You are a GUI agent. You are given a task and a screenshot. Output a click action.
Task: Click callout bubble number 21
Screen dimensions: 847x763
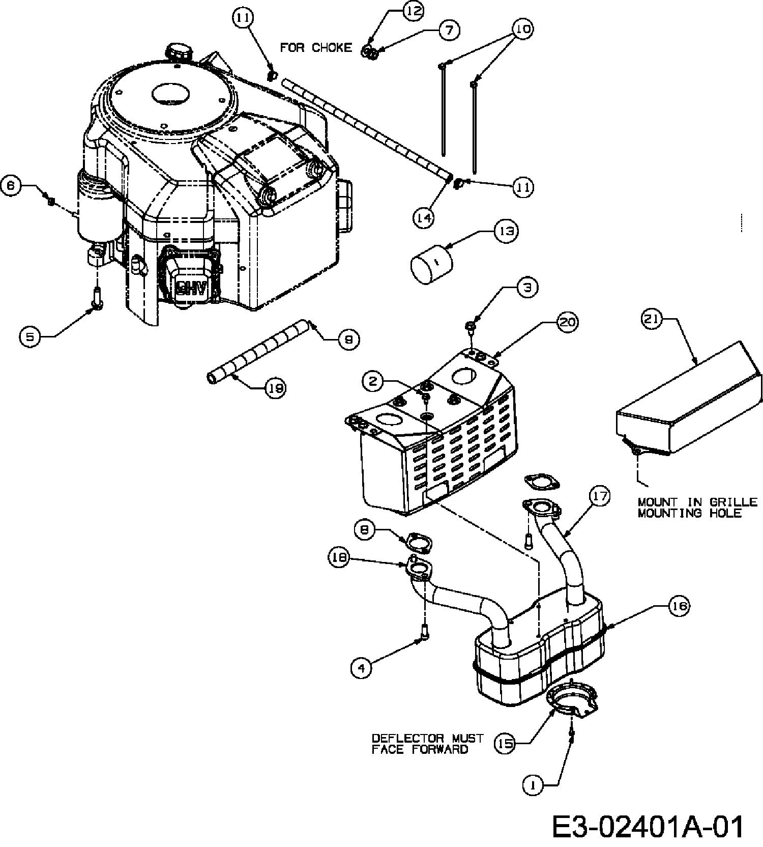coord(652,320)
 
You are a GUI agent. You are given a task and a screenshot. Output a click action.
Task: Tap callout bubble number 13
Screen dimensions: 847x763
coord(506,231)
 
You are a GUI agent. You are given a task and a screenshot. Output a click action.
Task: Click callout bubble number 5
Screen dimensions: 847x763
coord(31,337)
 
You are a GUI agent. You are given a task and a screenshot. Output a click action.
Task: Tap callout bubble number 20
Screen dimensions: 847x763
coord(568,322)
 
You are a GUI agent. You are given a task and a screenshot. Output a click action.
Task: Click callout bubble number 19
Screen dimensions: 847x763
coord(275,388)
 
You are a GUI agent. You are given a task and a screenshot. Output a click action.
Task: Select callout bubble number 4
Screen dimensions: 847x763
coord(361,667)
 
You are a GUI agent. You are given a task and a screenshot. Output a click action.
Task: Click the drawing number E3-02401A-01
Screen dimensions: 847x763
coord(647,827)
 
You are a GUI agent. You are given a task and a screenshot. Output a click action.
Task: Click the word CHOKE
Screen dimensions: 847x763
coord(332,48)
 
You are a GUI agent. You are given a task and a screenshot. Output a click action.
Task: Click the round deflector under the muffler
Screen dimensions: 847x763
coord(572,702)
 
